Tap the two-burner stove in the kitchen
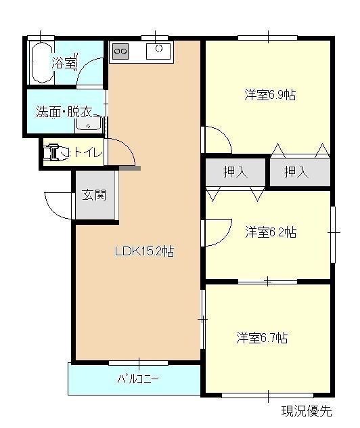coord(120,51)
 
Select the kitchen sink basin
coord(158,51)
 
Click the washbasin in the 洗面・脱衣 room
coord(89,124)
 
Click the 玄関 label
coord(94,195)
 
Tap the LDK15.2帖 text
coord(144,251)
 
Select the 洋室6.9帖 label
coord(270,95)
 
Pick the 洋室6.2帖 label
coord(271,232)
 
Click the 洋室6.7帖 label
coord(262,338)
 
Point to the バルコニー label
coord(138,379)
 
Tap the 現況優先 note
coord(307,411)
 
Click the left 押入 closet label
coord(235,172)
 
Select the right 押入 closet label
coord(296,172)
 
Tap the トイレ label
coord(89,153)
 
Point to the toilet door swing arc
coord(128,147)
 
